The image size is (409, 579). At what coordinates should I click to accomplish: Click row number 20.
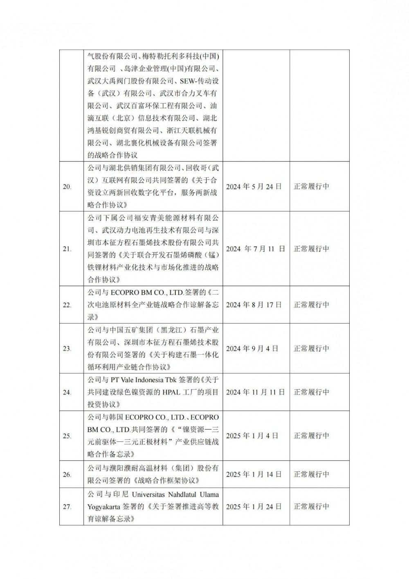67,187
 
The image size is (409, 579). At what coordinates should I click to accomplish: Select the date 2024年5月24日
254,186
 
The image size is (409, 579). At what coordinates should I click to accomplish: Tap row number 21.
67,249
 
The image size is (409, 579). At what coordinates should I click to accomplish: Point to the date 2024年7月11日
255,249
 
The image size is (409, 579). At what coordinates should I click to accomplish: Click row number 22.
67,305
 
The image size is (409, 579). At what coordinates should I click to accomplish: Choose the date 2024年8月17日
254,305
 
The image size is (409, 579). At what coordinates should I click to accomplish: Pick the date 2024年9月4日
252,348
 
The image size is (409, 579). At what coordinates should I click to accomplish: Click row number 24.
67,392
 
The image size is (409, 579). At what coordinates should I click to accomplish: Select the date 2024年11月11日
255,392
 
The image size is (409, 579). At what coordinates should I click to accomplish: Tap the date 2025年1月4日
252,436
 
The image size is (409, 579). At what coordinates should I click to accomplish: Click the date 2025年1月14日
254,474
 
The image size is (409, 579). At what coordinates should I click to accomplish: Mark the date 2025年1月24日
254,507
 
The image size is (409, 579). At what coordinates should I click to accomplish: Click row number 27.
67,507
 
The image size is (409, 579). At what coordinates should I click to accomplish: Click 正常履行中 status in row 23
311,348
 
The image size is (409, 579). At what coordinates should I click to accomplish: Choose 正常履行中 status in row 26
311,474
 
